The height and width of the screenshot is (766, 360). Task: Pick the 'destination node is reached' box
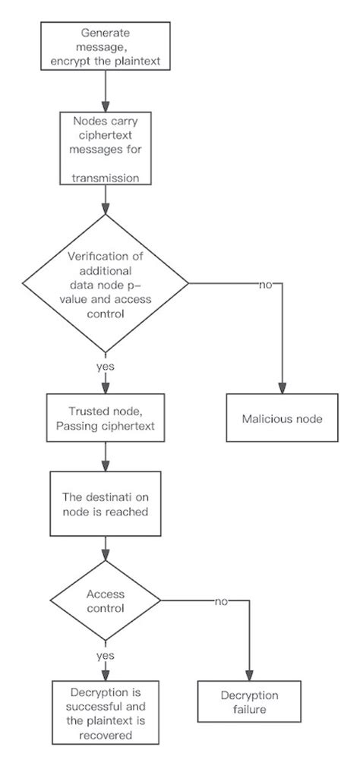click(x=106, y=502)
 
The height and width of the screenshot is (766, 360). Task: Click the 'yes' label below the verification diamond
click(x=106, y=365)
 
